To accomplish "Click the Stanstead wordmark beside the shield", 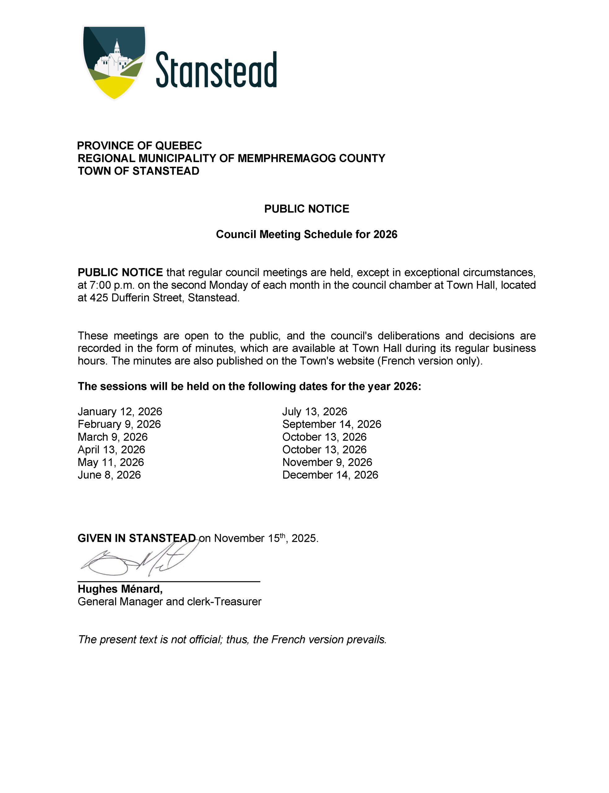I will point(216,70).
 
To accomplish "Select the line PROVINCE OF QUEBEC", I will point(140,146).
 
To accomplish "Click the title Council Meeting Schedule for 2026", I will point(307,234).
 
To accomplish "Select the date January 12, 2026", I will point(120,411).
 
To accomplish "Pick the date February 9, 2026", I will point(119,424).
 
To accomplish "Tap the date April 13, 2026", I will point(111,449).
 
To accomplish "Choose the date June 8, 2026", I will point(109,475).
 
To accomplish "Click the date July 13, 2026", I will point(315,411).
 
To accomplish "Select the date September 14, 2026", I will point(332,424).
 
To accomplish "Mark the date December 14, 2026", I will point(330,475).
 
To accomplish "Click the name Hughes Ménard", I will point(120,589).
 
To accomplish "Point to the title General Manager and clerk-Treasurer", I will point(169,602).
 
